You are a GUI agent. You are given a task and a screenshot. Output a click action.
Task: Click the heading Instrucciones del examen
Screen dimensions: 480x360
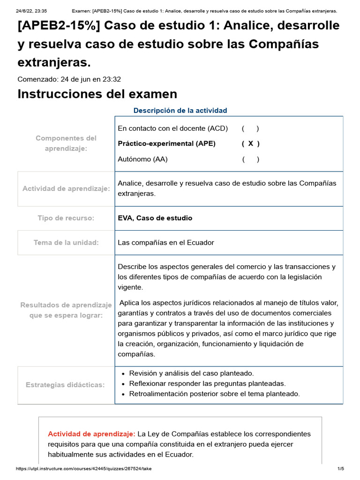click(97, 94)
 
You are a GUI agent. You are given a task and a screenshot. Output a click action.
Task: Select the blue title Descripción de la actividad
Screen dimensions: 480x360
click(180, 111)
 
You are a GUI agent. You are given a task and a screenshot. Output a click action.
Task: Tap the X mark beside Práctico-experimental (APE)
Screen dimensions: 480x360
click(251, 144)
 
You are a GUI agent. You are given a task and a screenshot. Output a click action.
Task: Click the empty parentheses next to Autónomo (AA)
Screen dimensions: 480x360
click(251, 159)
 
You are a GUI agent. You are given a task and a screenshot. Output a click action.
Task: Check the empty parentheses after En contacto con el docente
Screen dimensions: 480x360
click(251, 128)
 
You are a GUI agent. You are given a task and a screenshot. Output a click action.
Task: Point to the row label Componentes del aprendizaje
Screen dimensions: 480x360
click(66, 143)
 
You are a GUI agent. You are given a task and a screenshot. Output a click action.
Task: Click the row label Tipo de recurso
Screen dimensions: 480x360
click(66, 218)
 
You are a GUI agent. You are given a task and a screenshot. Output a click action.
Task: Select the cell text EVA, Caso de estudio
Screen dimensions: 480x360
click(155, 218)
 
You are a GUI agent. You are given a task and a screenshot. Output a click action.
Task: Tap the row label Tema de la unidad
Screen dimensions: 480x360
click(66, 243)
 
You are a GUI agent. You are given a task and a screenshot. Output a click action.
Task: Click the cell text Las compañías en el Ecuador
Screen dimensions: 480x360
click(166, 243)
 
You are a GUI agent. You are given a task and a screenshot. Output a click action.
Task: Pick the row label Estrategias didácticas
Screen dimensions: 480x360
click(65, 385)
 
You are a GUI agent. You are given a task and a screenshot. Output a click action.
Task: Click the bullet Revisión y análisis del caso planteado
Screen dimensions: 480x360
click(191, 373)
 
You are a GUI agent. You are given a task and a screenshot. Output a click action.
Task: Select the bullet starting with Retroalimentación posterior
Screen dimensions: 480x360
click(214, 394)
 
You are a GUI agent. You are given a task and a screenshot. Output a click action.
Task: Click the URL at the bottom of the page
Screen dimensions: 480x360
click(83, 468)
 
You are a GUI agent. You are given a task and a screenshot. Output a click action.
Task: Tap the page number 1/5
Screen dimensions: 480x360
click(341, 468)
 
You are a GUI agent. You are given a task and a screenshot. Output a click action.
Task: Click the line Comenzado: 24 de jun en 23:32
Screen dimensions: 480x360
click(69, 79)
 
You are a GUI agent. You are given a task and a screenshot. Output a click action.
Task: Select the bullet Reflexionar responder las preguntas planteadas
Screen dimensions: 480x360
click(207, 383)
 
